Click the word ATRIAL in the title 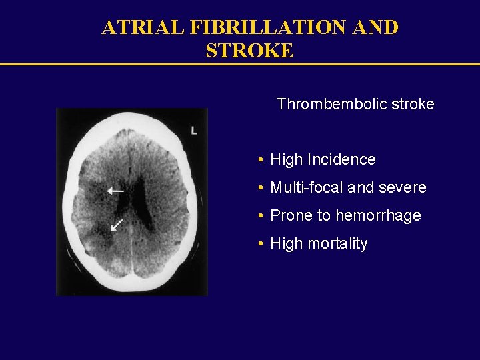coord(143,27)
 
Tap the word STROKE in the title coord(249,51)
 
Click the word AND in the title coord(376,27)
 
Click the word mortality coord(337,244)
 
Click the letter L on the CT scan coord(194,130)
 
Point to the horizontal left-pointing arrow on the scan coord(115,191)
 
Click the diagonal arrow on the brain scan coord(117,224)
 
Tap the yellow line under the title coord(240,64)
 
